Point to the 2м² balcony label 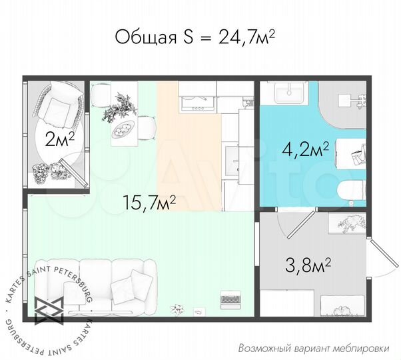[x=58, y=140]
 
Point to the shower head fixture [x=352, y=101]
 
